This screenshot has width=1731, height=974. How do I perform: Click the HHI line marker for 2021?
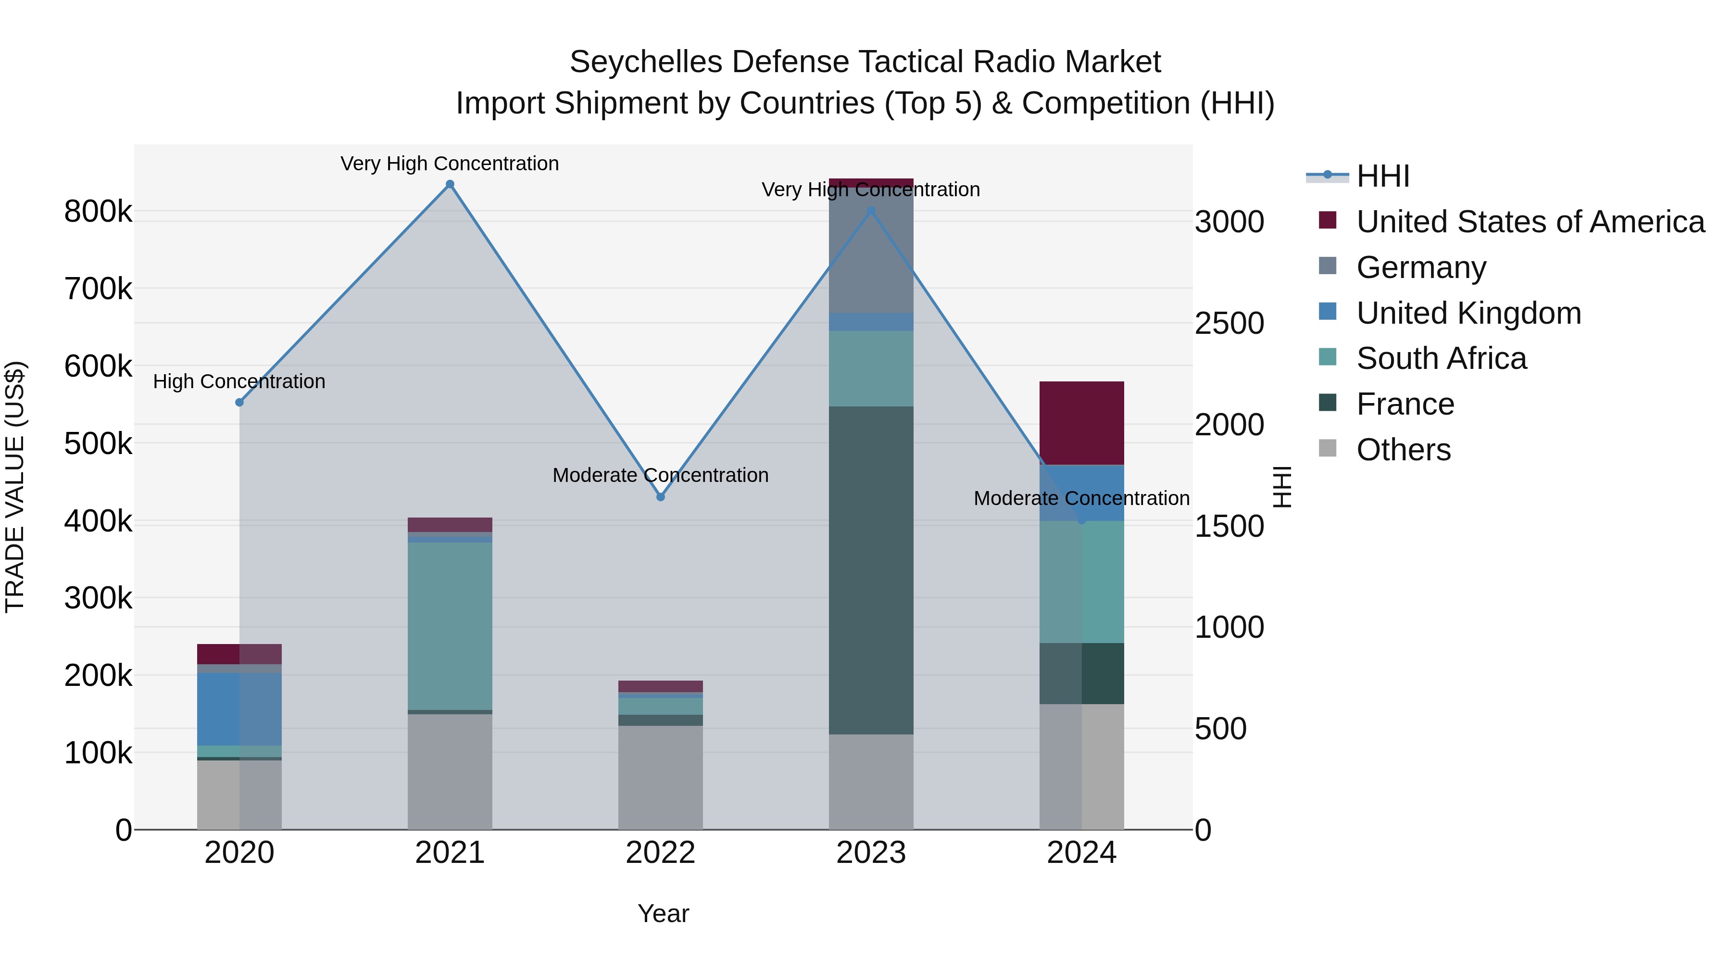pos(450,184)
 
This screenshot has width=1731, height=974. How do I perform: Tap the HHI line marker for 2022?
pos(661,497)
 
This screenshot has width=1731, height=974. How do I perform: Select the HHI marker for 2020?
pos(239,402)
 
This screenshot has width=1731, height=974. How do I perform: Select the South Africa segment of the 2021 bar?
pos(450,625)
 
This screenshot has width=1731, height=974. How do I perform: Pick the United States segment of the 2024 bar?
pos(1081,423)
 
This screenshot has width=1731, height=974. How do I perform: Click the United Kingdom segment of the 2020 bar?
pos(239,708)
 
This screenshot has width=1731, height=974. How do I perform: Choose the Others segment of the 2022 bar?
pos(661,777)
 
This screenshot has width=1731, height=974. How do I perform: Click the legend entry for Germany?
pos(1421,267)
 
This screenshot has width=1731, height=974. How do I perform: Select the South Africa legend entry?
pos(1442,358)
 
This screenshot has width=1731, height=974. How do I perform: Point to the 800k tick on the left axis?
pos(98,212)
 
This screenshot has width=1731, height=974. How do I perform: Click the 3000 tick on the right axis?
pos(1229,222)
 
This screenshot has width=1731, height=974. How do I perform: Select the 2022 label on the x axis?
pos(661,853)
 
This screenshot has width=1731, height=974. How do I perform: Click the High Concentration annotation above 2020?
pos(239,381)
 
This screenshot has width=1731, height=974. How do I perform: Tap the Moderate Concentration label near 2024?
pos(1081,498)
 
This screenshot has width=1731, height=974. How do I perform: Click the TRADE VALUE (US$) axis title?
pos(15,487)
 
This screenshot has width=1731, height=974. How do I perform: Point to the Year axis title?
pos(663,913)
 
